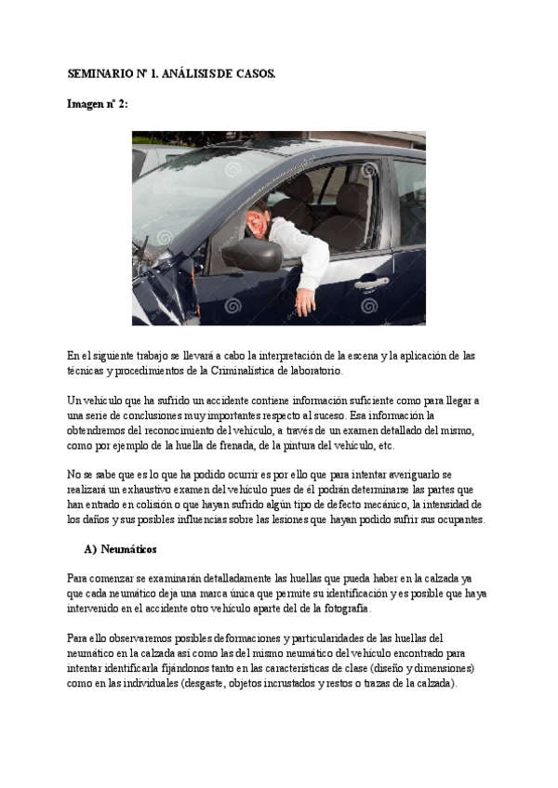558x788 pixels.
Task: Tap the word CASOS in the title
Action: [254, 72]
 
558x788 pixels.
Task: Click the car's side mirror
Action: [249, 253]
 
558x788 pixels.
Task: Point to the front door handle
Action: [371, 282]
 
